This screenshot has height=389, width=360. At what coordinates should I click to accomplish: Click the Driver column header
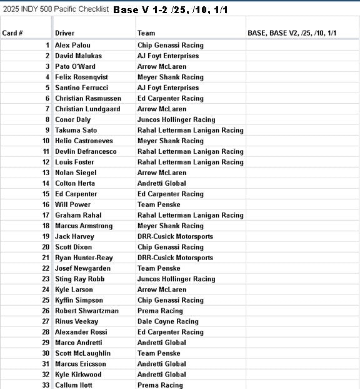tap(65, 32)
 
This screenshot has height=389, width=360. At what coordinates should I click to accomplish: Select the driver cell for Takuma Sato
tap(76, 130)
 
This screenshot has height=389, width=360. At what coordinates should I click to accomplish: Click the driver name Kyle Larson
tap(74, 290)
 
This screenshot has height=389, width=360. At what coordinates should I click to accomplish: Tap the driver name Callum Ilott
tap(74, 385)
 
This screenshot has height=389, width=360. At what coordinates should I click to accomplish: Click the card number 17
tap(46, 215)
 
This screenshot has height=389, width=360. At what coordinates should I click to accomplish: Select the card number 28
tap(46, 332)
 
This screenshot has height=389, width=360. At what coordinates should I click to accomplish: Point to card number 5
tap(47, 88)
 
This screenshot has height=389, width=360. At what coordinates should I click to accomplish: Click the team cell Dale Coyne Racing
tap(167, 321)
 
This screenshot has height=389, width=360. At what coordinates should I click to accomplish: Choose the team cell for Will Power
tap(159, 205)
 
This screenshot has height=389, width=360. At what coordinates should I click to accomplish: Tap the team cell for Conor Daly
tap(176, 119)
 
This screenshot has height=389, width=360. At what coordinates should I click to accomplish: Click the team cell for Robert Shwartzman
tap(160, 311)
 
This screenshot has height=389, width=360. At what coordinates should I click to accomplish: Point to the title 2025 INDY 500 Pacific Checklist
tap(56, 10)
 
